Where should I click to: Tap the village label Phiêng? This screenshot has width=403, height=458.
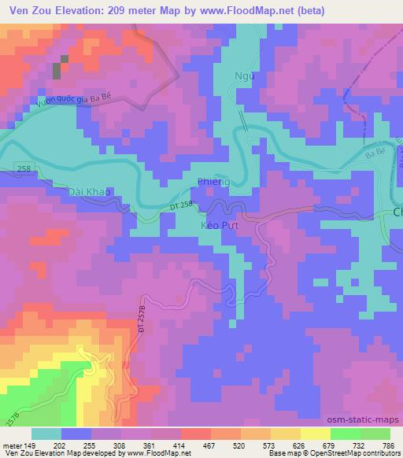213,183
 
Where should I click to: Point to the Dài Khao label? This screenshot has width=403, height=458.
85,192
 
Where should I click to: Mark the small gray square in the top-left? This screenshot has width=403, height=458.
57,70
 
